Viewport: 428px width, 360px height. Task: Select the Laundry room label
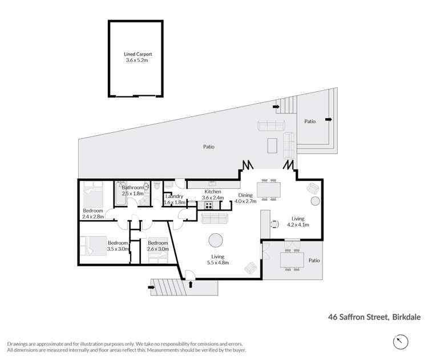point(174,200)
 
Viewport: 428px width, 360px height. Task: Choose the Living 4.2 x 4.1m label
point(297,221)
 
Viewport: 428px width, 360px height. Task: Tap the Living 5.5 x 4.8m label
point(217,260)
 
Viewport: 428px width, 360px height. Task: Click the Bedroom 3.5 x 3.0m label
point(118,246)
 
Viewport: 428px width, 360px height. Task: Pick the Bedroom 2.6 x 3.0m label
point(157,246)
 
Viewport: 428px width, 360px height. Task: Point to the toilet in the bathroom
point(156,186)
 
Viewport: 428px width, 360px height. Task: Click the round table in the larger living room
point(216,240)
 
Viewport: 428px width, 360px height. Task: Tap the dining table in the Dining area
point(268,188)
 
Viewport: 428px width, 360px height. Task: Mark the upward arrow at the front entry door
point(191,283)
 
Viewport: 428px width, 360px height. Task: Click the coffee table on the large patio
point(273,147)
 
